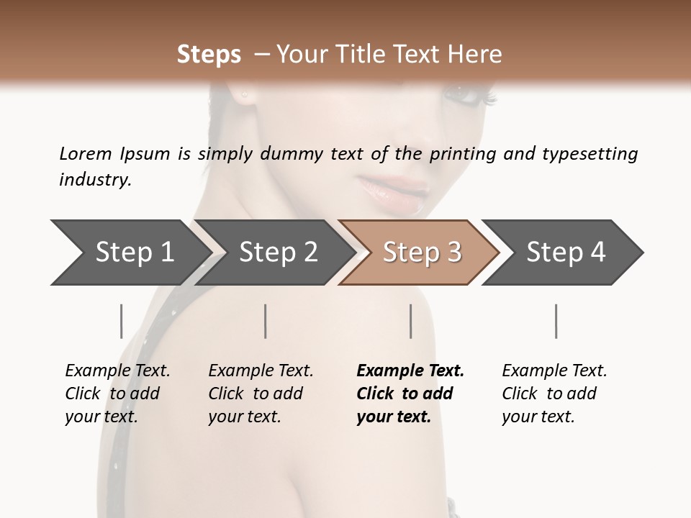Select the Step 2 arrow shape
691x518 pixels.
[277, 253]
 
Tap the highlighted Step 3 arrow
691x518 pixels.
[421, 253]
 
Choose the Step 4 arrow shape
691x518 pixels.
[565, 253]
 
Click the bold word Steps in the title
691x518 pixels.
[209, 55]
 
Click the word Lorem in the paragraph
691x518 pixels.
[85, 153]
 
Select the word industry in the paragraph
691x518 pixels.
[94, 180]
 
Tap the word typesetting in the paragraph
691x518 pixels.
[590, 154]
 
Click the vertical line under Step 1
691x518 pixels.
[121, 321]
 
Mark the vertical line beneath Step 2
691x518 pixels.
[266, 321]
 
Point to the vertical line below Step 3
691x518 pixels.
[410, 321]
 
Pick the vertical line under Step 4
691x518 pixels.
[556, 321]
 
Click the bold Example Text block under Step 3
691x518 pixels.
[410, 394]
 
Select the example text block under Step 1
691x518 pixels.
[117, 394]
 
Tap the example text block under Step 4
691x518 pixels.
[554, 394]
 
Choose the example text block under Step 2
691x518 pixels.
[261, 394]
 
